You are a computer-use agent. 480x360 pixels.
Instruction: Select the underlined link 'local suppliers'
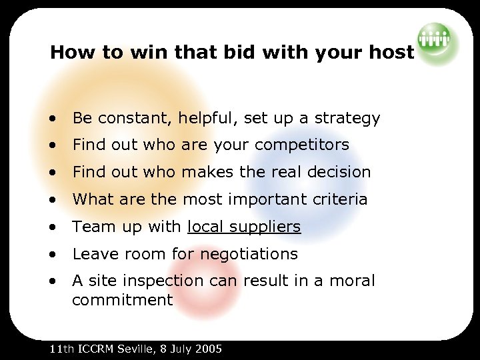click(244, 227)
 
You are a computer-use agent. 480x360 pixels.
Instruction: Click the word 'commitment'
click(122, 300)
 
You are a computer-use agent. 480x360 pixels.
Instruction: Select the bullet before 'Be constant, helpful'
click(52, 119)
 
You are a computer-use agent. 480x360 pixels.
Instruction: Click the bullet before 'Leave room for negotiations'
click(52, 254)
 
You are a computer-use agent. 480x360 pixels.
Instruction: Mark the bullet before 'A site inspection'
click(52, 281)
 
